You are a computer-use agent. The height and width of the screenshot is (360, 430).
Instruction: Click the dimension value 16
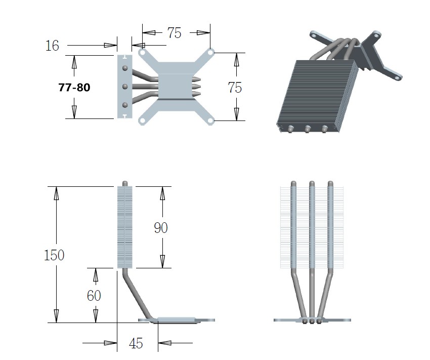52,46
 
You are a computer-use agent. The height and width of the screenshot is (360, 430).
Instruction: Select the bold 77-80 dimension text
74,87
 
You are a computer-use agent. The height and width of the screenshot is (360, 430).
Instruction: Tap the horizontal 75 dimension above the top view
174,33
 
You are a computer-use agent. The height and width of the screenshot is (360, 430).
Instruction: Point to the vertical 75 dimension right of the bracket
235,87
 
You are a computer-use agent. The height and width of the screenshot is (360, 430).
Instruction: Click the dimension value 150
54,255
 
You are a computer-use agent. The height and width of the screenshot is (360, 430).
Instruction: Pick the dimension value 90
161,228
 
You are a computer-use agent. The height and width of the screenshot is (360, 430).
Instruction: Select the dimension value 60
94,295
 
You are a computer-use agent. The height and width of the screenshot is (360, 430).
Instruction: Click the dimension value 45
136,343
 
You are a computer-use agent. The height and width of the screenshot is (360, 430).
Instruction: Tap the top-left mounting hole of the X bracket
142,52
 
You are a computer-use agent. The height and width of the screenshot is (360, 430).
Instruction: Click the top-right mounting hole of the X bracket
211,52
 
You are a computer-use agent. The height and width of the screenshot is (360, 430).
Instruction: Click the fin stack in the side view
125,227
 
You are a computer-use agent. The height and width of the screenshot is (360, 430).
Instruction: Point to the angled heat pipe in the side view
137,296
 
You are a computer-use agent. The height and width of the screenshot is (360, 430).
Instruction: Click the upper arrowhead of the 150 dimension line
56,192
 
